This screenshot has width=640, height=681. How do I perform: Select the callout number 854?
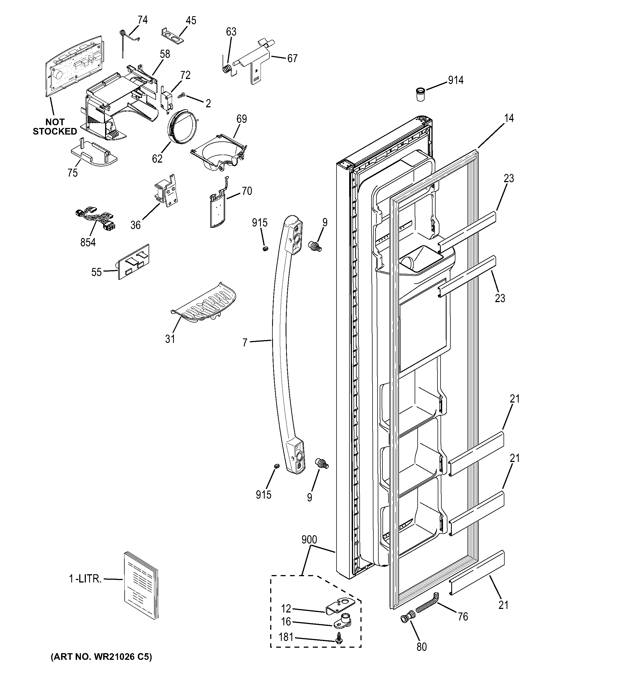click(x=88, y=242)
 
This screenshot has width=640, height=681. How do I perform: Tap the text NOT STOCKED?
click(x=54, y=127)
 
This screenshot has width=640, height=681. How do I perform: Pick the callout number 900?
click(x=309, y=540)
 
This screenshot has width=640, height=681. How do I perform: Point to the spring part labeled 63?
click(x=227, y=69)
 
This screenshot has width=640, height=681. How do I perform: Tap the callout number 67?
click(x=292, y=59)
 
